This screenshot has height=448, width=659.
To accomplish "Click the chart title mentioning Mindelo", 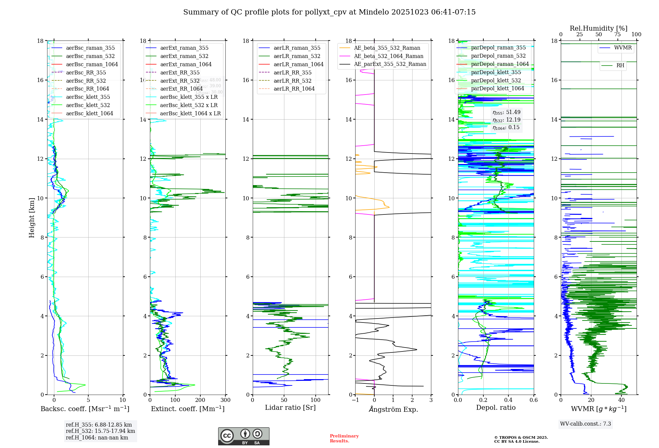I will [329, 12].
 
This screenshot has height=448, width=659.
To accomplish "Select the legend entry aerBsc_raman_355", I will [90, 48].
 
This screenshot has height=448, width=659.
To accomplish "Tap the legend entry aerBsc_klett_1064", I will [89, 113].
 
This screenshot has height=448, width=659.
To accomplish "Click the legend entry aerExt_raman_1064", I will [186, 64].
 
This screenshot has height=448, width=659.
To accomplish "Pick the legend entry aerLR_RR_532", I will [292, 81].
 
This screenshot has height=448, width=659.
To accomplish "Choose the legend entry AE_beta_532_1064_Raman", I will [388, 56].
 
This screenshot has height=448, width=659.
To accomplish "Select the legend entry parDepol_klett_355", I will [496, 72].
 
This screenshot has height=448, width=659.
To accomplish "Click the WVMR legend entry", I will [623, 48].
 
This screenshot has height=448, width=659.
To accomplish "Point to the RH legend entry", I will [620, 66].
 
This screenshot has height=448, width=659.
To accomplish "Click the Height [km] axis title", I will [32, 217].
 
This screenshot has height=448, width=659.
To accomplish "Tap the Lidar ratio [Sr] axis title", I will [290, 407].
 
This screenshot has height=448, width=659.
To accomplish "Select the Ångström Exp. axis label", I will [393, 409].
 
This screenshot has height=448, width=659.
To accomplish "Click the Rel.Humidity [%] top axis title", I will [598, 28].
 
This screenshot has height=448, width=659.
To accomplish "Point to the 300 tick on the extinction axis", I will [226, 400].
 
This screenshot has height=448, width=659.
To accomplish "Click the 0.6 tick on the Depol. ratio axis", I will [533, 400].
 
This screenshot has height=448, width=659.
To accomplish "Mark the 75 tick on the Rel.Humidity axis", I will [617, 35].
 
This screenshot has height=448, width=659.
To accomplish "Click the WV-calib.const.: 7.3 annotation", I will [586, 424].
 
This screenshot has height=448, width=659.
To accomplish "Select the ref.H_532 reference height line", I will [100, 431].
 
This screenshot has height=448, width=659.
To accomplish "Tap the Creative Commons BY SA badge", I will [244, 436].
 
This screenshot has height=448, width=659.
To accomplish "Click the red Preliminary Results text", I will [344, 438].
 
